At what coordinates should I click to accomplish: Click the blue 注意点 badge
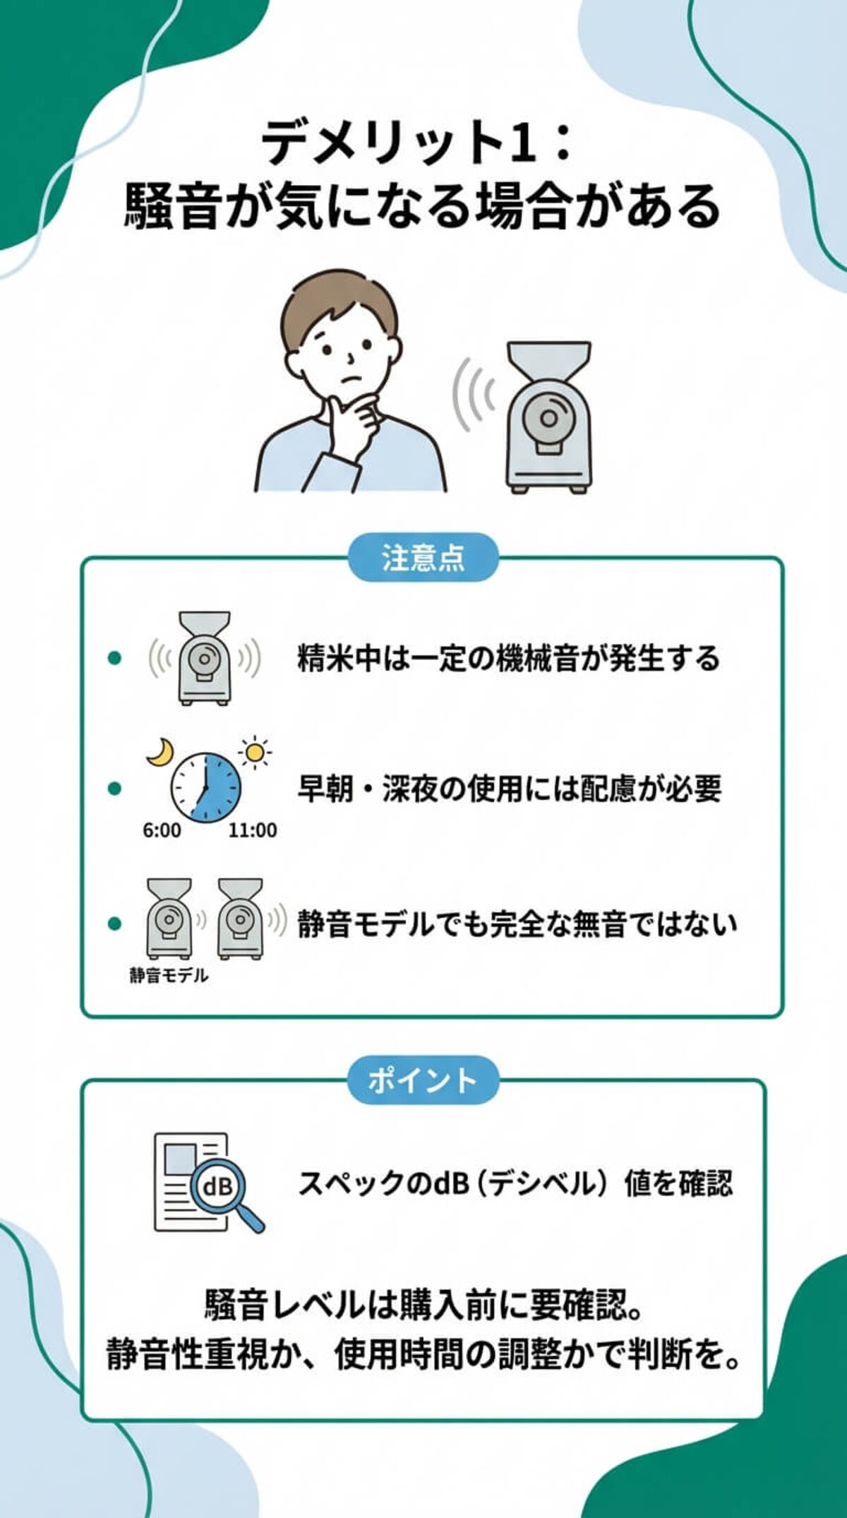[423, 558]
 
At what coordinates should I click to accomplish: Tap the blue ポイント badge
[423, 1080]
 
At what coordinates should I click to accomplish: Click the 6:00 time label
[162, 830]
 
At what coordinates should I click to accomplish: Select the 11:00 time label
[252, 830]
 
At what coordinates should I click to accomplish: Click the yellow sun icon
[255, 753]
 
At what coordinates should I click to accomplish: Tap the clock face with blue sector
[205, 787]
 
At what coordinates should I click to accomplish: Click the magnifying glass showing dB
[221, 1187]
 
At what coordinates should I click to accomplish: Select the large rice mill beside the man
[549, 417]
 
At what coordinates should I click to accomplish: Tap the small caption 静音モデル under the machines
[168, 975]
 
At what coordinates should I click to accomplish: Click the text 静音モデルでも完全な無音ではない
[516, 924]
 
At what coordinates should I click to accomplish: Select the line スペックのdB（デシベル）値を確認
[515, 1183]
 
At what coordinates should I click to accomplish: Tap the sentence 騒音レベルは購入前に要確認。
[423, 1304]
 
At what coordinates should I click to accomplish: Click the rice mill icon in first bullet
[204, 658]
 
